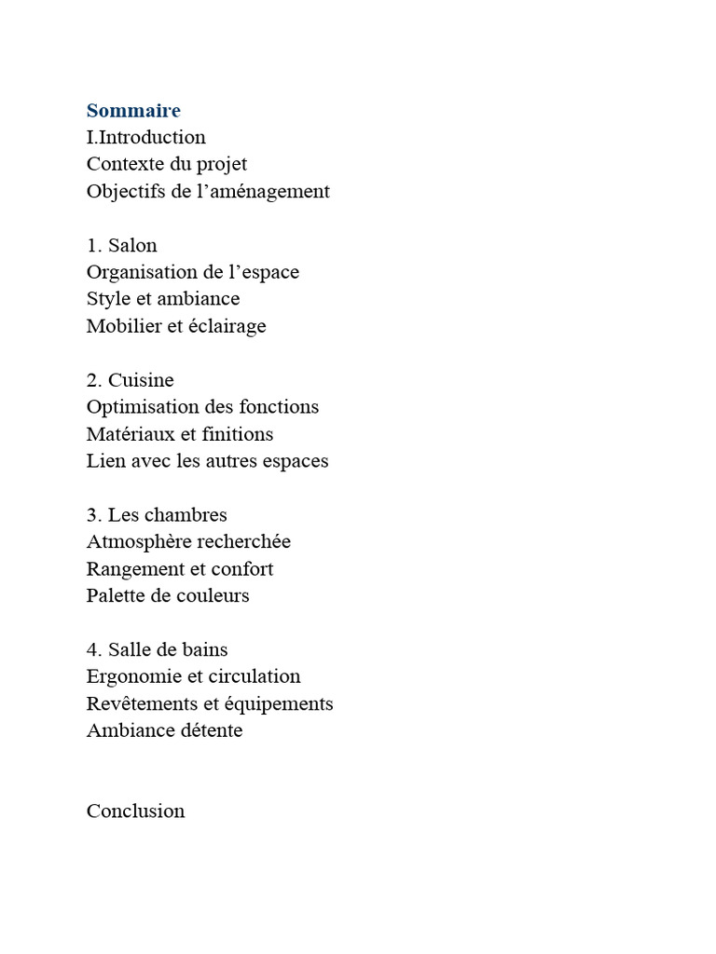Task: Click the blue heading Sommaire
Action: (133, 111)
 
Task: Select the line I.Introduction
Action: (146, 138)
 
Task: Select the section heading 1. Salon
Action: (122, 246)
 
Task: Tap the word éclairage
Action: (224, 327)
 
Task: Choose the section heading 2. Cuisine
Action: (131, 380)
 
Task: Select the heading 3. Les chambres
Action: (157, 515)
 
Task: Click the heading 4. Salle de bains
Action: (158, 649)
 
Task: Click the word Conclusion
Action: (136, 811)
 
